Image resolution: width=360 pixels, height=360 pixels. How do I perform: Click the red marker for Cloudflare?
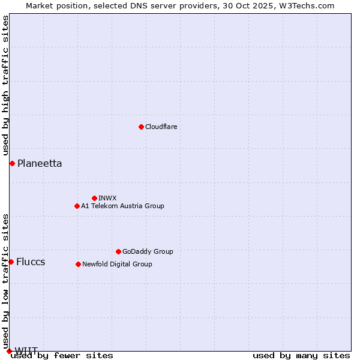pyautogui.click(x=141, y=127)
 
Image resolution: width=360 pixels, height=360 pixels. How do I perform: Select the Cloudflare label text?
pyautogui.click(x=161, y=127)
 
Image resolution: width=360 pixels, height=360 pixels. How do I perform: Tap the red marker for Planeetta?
pyautogui.click(x=12, y=163)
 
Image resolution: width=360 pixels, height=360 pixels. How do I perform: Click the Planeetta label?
pyautogui.click(x=40, y=163)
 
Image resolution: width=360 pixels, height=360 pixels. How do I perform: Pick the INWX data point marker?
pyautogui.click(x=94, y=198)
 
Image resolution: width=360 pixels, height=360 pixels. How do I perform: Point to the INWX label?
pyautogui.click(x=107, y=198)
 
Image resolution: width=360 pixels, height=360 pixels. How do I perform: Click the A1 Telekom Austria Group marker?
pyautogui.click(x=77, y=206)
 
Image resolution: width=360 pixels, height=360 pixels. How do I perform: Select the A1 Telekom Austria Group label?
pyautogui.click(x=122, y=206)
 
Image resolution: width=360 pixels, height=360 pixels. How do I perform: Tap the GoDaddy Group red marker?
pyautogui.click(x=118, y=251)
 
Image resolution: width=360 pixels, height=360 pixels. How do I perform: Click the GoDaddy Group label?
pyautogui.click(x=148, y=251)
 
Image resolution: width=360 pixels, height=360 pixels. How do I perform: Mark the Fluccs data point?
pyautogui.click(x=11, y=262)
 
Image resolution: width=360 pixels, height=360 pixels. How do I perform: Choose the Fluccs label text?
pyautogui.click(x=31, y=262)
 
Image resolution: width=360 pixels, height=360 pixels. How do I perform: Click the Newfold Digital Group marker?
pyautogui.click(x=78, y=264)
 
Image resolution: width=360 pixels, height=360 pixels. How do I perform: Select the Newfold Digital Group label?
pyautogui.click(x=117, y=264)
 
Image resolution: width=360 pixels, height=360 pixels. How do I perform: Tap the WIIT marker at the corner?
pyautogui.click(x=9, y=351)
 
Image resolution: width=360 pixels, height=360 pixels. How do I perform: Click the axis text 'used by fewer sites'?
pyautogui.click(x=62, y=355)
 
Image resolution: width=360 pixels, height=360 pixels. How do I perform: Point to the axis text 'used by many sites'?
pyautogui.click(x=301, y=355)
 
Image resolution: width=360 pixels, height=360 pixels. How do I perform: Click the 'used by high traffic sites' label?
pyautogui.click(x=5, y=86)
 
